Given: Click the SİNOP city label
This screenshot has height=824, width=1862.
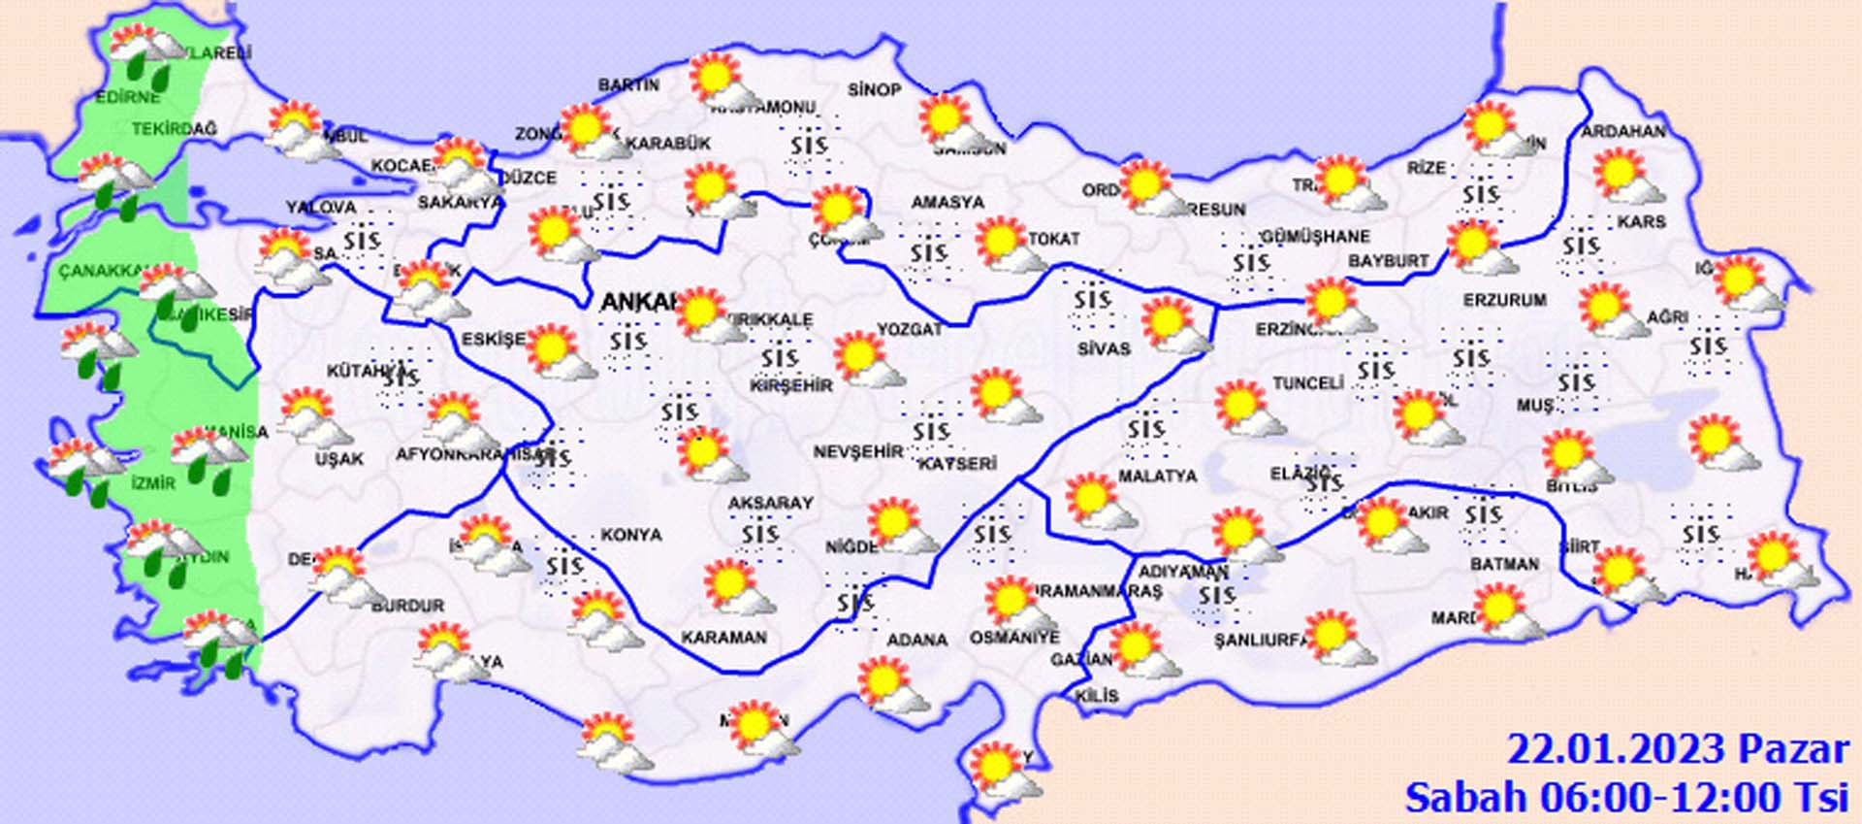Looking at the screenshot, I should click(x=874, y=90).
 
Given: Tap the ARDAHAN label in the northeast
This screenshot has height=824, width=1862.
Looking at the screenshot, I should click(x=1623, y=132).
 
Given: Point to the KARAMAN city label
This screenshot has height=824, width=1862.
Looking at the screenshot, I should click(x=723, y=638).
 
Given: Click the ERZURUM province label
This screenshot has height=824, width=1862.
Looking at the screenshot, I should click(x=1505, y=301).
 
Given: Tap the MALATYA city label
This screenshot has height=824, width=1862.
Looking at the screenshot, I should click(x=1157, y=477).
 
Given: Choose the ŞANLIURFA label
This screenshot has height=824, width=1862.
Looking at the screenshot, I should click(x=1260, y=641).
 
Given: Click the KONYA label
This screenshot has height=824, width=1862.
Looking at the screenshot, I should click(x=630, y=535).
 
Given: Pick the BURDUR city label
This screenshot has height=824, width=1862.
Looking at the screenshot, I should click(x=407, y=606).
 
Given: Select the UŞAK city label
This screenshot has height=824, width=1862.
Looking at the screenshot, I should click(x=339, y=458).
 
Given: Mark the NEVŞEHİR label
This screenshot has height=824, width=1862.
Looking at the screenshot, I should click(x=857, y=452).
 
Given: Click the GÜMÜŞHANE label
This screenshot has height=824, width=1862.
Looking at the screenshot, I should click(x=1316, y=237).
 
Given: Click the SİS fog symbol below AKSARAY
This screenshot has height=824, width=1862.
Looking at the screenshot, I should click(x=759, y=533).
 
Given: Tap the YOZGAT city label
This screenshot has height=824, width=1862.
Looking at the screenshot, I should click(x=910, y=330).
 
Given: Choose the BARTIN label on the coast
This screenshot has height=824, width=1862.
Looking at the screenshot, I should click(x=628, y=85).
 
